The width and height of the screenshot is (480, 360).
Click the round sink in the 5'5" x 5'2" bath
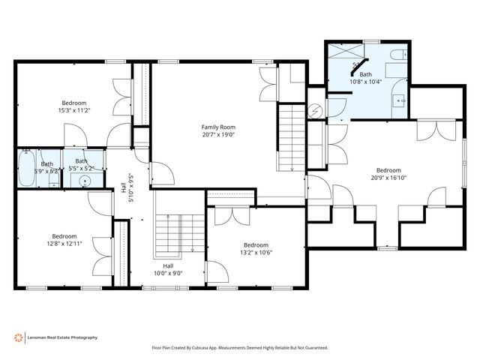point(85,181)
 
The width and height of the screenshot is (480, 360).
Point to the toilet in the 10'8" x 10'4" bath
point(397,54)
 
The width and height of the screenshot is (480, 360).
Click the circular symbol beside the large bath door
point(316,109)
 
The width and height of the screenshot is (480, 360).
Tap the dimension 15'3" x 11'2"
point(74,110)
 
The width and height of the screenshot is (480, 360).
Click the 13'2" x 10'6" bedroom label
point(256,245)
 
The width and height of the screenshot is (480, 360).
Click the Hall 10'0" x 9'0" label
point(168,269)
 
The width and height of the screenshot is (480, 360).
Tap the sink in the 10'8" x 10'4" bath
point(400,97)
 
